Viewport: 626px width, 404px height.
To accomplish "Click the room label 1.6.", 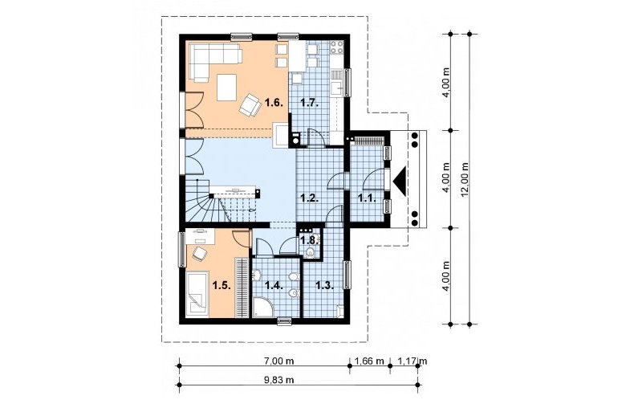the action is pos(274,103).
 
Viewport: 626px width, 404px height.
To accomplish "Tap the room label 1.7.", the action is pos(309,103).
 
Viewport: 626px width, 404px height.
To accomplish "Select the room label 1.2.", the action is pos(309,198).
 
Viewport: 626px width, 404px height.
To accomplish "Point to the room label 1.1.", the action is pos(368,198).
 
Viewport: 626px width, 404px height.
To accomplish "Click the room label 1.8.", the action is pos(310,240).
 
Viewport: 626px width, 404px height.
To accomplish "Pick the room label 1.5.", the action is pos(222,285).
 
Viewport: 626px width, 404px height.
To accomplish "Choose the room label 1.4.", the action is pos(274,285).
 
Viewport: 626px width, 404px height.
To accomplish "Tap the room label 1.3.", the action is pos(324,285).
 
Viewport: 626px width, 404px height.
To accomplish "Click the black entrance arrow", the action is pos(400,182).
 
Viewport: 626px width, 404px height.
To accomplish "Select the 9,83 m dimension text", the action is pos(278,380).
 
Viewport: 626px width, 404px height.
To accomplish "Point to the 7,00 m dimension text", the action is pos(279,361).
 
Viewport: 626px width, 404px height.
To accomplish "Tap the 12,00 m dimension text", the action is pos(464,179).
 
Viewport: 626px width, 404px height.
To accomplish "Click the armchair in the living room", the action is pos(250,105).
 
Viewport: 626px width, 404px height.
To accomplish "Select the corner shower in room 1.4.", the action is pos(262,308).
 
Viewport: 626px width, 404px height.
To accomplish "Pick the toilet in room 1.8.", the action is pos(310,252).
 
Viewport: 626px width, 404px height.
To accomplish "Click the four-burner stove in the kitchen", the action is pos(336,47).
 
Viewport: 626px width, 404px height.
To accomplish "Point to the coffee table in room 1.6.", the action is pos(227,88).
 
